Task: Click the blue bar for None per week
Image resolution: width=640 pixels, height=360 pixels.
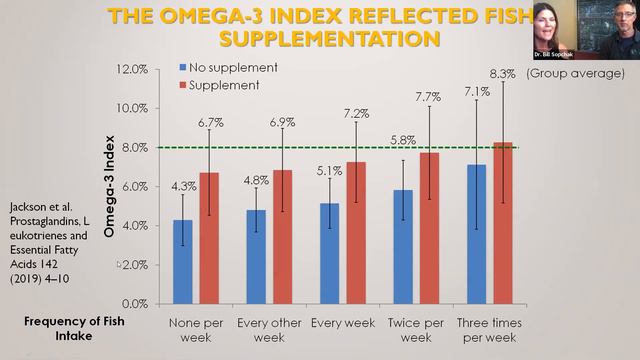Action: tap(183, 261)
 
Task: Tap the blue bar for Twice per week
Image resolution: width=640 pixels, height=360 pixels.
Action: tap(402, 246)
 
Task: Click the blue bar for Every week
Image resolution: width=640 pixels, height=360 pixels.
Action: tap(329, 253)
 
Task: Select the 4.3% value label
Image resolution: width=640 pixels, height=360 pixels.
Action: tap(183, 186)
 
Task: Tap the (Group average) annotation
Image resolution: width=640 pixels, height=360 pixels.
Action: tap(574, 74)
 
